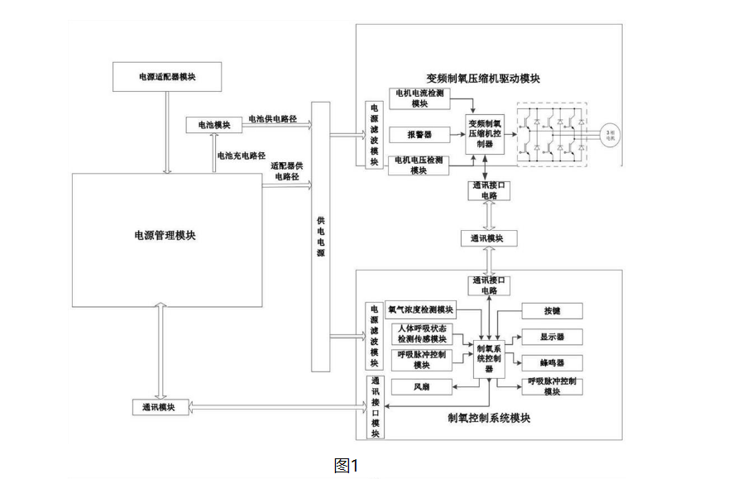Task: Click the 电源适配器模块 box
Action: pos(168,76)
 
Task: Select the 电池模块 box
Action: pos(214,124)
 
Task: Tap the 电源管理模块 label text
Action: pos(165,236)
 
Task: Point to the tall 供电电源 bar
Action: pos(320,240)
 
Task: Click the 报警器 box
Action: pos(418,133)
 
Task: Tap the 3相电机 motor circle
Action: pos(610,133)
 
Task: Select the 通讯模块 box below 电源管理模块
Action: pos(159,407)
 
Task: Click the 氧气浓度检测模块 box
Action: pos(421,309)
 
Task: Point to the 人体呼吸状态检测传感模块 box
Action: pos(421,333)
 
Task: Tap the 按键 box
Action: pos(552,311)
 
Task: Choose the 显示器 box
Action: pos(552,337)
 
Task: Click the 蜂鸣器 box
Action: pos(552,362)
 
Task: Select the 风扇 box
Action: pos(421,386)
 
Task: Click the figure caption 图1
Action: pos(346,466)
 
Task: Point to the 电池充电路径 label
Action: pos(241,156)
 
